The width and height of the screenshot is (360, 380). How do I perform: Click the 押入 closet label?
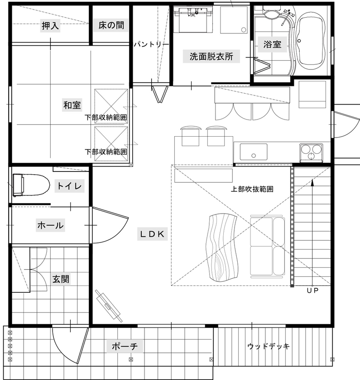coord(50,26)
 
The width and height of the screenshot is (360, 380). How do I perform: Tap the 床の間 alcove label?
coord(111,26)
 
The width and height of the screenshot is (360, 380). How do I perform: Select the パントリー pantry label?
coord(151,44)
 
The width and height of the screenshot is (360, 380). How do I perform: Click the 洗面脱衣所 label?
coord(211,57)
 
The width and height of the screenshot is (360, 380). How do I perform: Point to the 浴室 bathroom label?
coord(273,44)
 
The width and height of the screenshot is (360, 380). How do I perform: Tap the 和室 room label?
coord(72,105)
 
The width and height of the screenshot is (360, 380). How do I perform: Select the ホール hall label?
coord(50,225)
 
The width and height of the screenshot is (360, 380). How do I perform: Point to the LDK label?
coord(154,234)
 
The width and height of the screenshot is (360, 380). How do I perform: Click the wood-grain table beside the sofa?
coord(223,247)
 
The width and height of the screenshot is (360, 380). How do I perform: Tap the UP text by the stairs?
coord(312,290)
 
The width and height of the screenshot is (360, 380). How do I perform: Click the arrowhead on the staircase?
coord(312,182)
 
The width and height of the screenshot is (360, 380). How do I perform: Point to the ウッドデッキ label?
coord(269,347)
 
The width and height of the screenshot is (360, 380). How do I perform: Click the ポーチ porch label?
coord(125,347)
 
